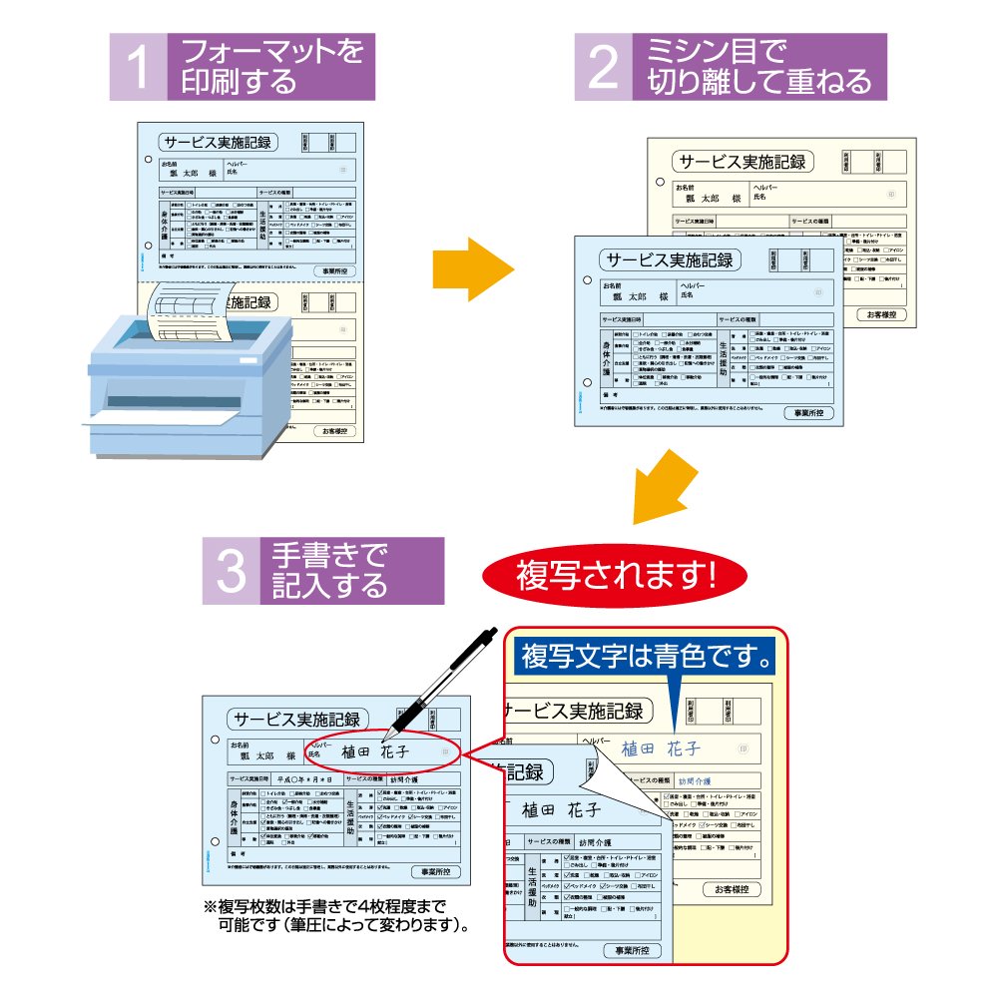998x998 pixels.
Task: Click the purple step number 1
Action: click(139, 67)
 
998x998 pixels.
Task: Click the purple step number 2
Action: click(604, 67)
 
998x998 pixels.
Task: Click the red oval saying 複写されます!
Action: click(615, 574)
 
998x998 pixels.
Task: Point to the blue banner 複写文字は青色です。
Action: click(648, 658)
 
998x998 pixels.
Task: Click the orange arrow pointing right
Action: click(472, 268)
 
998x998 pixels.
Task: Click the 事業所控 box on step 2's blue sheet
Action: click(809, 413)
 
